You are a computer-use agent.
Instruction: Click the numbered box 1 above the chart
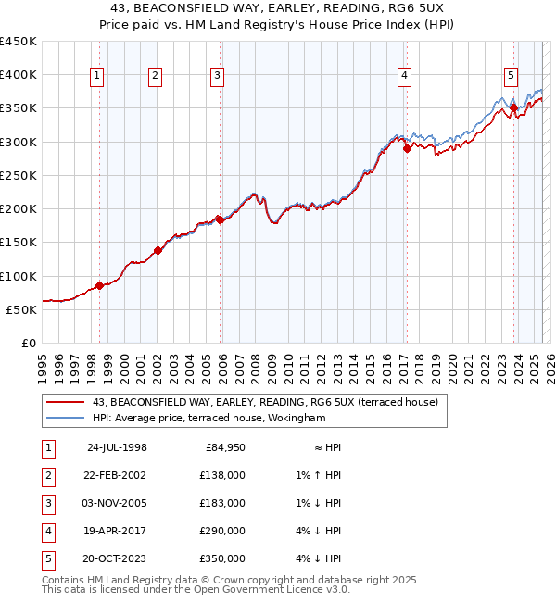(97, 77)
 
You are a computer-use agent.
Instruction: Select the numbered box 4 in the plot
(405, 77)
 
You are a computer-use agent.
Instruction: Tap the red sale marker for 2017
(407, 148)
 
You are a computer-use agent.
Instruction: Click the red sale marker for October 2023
(513, 108)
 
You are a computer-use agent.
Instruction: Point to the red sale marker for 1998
(99, 286)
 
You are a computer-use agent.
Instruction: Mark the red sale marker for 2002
(158, 250)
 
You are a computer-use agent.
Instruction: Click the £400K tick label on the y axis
(19, 74)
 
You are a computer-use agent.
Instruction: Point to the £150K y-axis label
(19, 242)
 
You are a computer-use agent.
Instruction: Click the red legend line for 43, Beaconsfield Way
(66, 402)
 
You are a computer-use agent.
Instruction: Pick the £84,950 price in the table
(223, 448)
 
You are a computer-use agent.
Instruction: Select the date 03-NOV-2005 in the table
(117, 503)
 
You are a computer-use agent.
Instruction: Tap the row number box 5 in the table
(45, 558)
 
